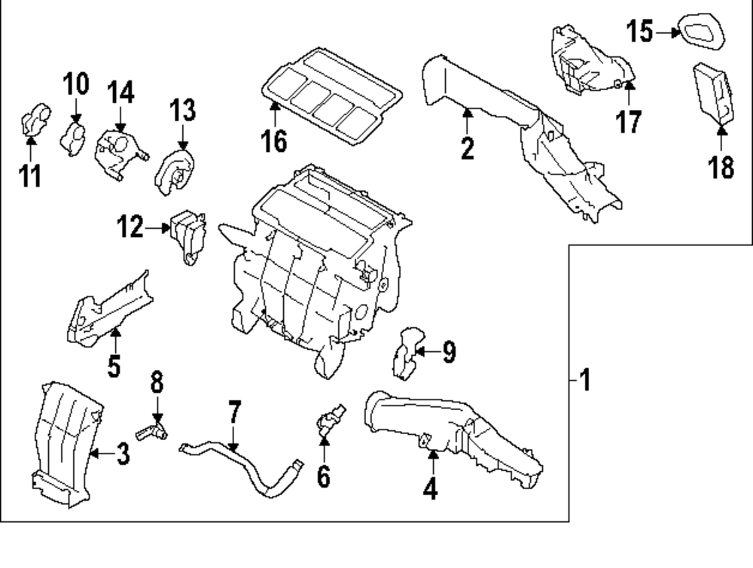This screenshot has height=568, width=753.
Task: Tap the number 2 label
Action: (x=468, y=148)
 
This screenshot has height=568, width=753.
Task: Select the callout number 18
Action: (x=721, y=167)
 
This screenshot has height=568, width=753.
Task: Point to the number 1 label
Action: (x=586, y=381)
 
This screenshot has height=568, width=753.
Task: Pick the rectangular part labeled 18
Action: (x=712, y=93)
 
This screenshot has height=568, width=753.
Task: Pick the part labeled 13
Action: (x=174, y=172)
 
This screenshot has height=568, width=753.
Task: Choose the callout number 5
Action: (x=113, y=366)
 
